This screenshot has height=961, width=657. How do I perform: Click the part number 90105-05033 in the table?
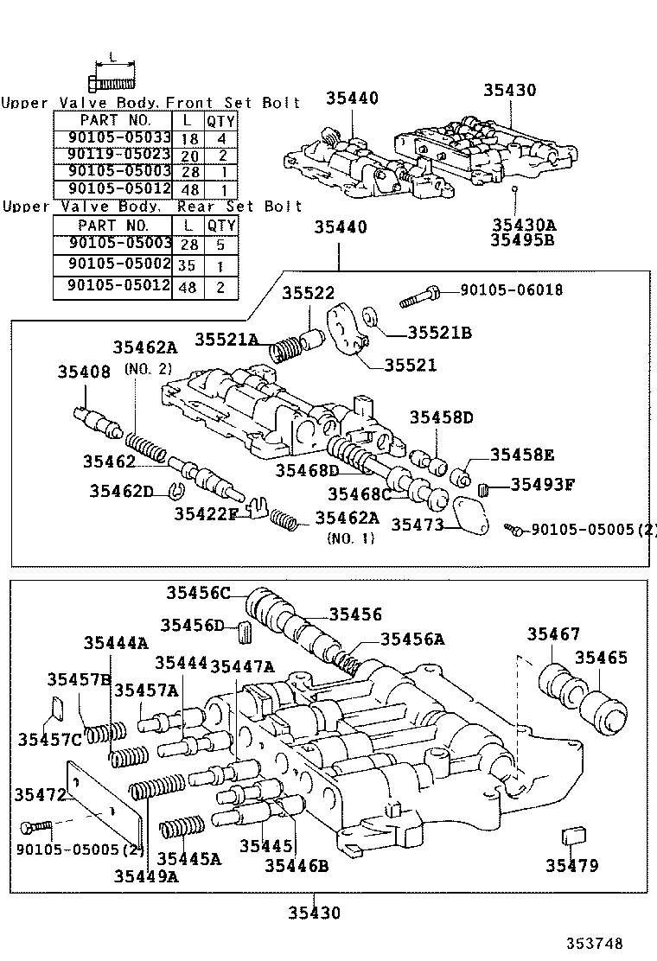pyautogui.click(x=112, y=137)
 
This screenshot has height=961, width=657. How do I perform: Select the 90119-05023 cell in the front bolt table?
pyautogui.click(x=112, y=155)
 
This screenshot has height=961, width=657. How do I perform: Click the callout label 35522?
pyautogui.click(x=307, y=295)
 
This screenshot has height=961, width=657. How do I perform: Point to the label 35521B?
pyautogui.click(x=439, y=333)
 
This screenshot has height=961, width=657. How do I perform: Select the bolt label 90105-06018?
pyautogui.click(x=511, y=290)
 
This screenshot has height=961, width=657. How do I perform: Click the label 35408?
pyautogui.click(x=84, y=372)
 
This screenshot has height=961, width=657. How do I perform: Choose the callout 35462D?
pyautogui.click(x=120, y=492)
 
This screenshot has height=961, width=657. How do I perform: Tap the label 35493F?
pyautogui.click(x=542, y=485)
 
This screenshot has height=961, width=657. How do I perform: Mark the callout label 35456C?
pyautogui.click(x=199, y=592)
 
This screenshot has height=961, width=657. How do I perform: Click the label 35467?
pyautogui.click(x=553, y=634)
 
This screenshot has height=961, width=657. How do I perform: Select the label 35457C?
pyautogui.click(x=49, y=739)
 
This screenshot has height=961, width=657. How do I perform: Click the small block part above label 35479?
pyautogui.click(x=573, y=837)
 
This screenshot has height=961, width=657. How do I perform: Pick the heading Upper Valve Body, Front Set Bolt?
pyautogui.click(x=151, y=103)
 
